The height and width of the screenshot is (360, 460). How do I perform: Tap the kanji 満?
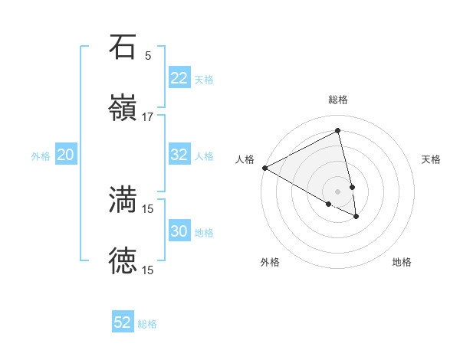coord(123,199)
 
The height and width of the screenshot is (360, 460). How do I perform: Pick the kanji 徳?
coord(123,260)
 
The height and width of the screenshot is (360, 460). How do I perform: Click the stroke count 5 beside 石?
coord(148,56)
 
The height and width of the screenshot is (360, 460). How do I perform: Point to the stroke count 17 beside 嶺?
coord(148,117)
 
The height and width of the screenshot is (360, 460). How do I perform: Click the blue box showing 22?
coord(179,78)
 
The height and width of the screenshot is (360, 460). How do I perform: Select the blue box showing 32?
coord(179,155)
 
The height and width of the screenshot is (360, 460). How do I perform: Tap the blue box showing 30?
coord(179,231)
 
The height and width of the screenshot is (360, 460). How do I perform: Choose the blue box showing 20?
coord(65,155)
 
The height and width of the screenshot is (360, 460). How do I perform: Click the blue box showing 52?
coord(123,322)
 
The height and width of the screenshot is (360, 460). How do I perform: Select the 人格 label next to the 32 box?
coord(204,156)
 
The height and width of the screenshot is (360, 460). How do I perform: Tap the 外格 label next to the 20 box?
coord(41,156)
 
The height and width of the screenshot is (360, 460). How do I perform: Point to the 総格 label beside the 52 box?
coord(147,324)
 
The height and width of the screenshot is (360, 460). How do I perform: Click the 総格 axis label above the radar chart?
coord(338,100)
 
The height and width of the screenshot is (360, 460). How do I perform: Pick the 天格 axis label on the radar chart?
coord(432,159)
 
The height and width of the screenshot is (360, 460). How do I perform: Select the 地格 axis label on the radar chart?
coord(402,262)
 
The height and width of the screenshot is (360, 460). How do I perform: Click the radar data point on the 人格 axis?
coord(264,168)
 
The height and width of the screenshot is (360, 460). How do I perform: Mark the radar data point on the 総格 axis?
coord(338,130)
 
